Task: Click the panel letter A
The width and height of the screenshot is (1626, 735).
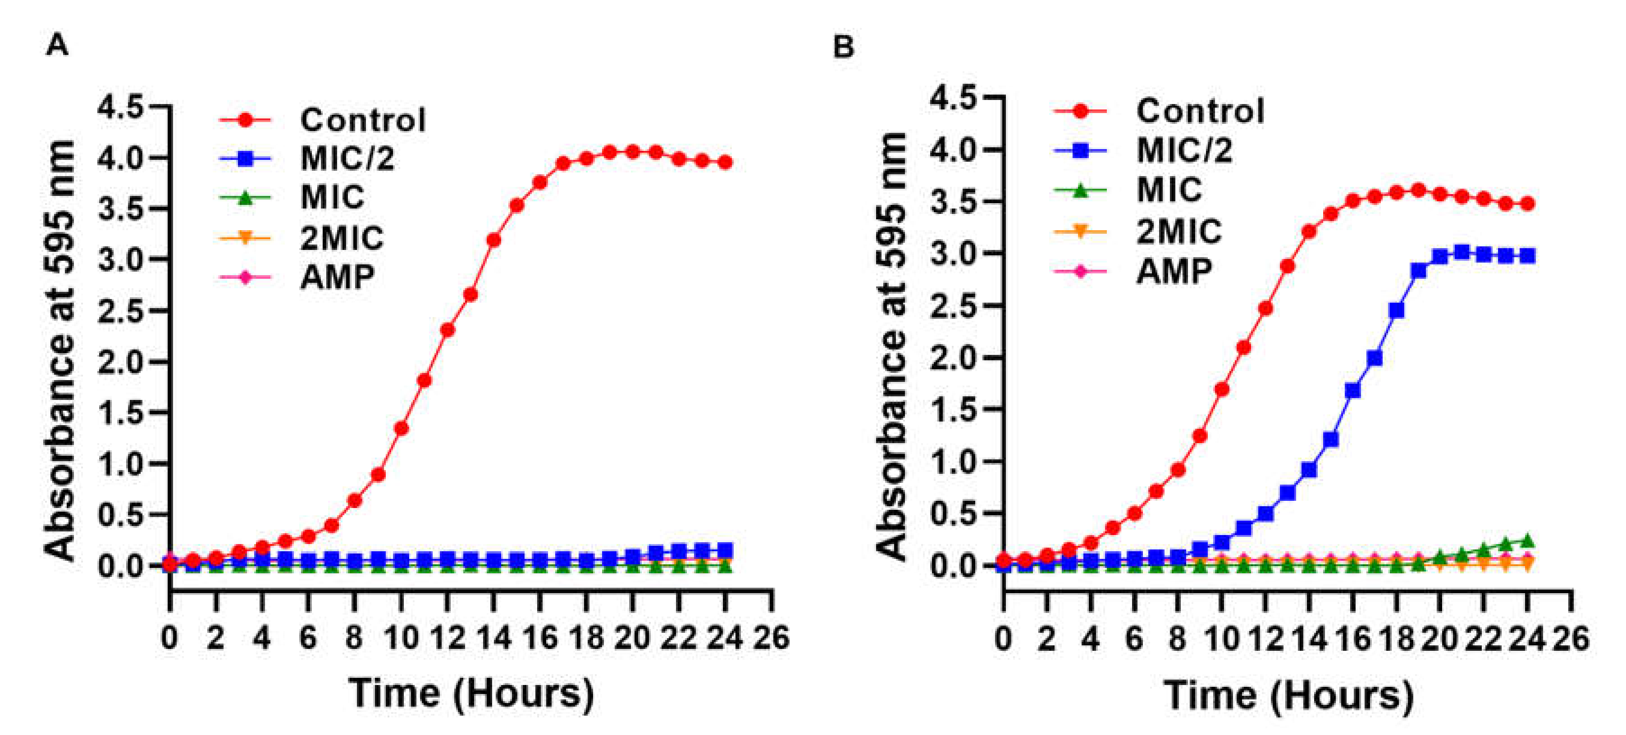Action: coord(57,45)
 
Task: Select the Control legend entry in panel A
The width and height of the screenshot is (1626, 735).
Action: coord(362,120)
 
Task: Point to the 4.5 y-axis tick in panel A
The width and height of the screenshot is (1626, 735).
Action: coord(120,107)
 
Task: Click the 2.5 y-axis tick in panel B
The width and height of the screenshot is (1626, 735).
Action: coord(953,306)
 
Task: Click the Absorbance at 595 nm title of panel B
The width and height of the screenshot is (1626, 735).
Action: coord(892,347)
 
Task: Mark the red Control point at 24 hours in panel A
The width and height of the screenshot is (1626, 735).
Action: coord(725,163)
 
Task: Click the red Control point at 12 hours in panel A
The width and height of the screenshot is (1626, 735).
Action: coord(448,330)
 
